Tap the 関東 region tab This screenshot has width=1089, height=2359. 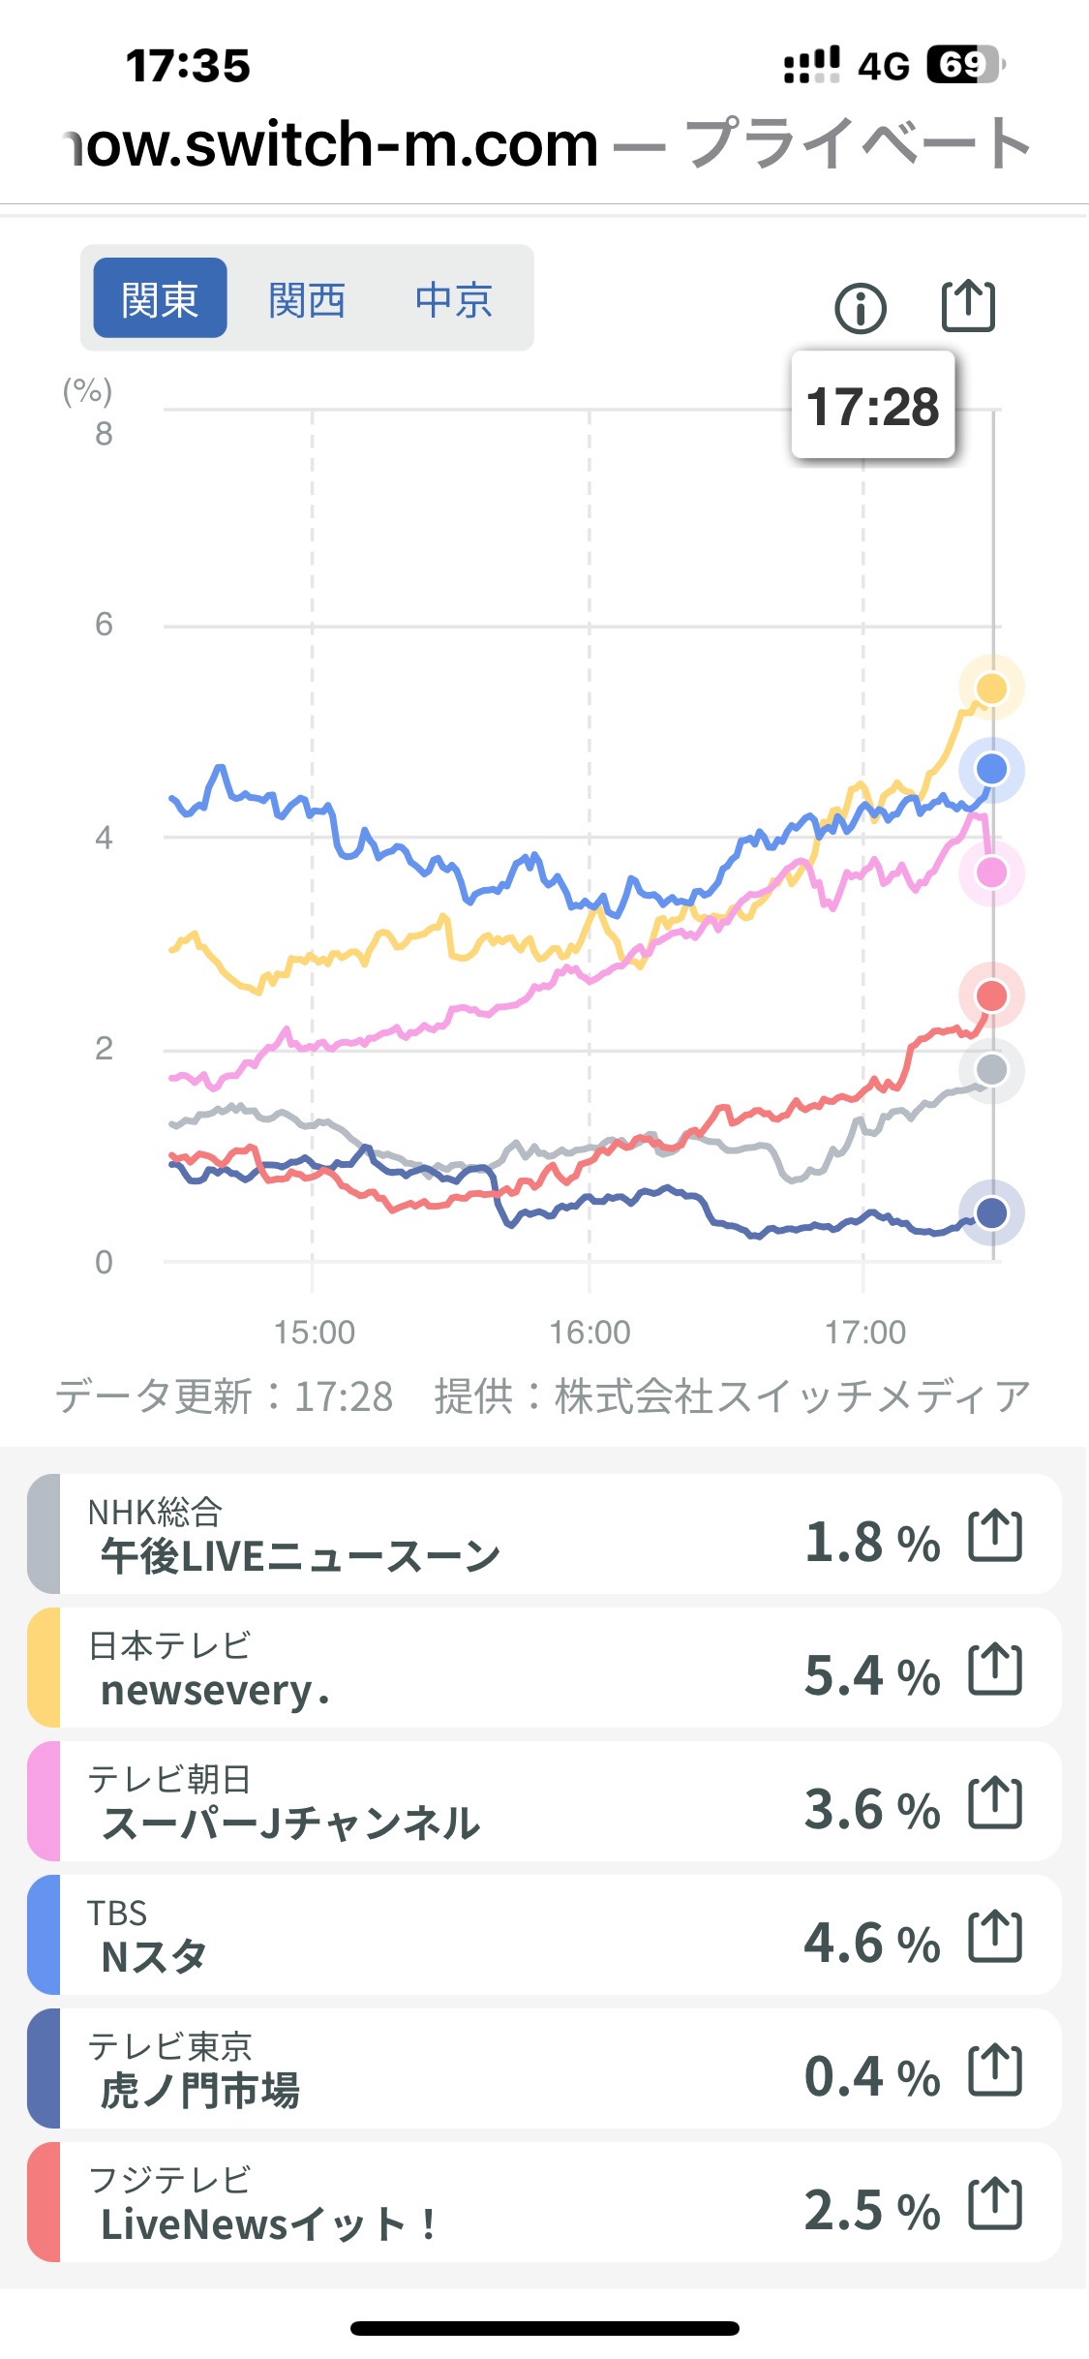(x=160, y=298)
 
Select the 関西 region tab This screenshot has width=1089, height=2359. (x=307, y=299)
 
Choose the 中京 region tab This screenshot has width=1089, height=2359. (x=454, y=299)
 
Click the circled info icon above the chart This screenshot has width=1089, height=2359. (x=860, y=309)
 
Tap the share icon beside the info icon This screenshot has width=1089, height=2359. (x=968, y=306)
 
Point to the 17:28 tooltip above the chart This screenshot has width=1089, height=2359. (x=872, y=406)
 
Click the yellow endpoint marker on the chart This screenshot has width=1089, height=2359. (x=991, y=688)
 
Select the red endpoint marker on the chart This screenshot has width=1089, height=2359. (x=991, y=995)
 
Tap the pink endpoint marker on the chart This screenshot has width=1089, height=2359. (x=991, y=873)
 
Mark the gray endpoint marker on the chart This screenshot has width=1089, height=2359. (x=991, y=1070)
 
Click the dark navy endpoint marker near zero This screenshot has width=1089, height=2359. (x=991, y=1212)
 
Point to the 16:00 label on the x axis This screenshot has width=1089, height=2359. (x=590, y=1333)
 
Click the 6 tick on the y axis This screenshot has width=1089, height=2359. (x=104, y=625)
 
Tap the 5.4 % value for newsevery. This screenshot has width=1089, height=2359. (x=871, y=1675)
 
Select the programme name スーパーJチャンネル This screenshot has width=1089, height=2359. (x=290, y=1823)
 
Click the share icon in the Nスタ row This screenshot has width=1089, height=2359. (x=995, y=1937)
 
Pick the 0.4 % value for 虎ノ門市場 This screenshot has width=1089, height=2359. (x=871, y=2076)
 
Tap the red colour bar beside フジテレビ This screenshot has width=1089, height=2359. (x=44, y=2202)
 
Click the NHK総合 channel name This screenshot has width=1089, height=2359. (x=155, y=1512)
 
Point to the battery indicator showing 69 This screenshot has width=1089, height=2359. (x=962, y=65)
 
